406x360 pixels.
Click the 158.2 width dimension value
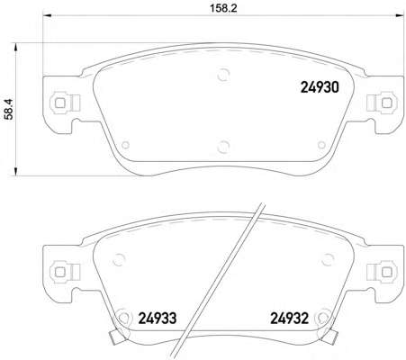coord(223,8)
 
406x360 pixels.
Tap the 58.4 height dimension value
coord(9,109)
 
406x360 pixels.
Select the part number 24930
coord(320,87)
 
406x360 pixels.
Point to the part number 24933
coord(158,319)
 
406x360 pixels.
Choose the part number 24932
coord(290,319)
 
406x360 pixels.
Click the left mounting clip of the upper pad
coord(65,103)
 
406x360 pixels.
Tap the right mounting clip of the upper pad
coord(383,103)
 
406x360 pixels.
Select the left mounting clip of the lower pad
coord(65,272)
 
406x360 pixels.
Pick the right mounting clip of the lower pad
coord(383,272)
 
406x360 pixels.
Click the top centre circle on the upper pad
coord(223,75)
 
